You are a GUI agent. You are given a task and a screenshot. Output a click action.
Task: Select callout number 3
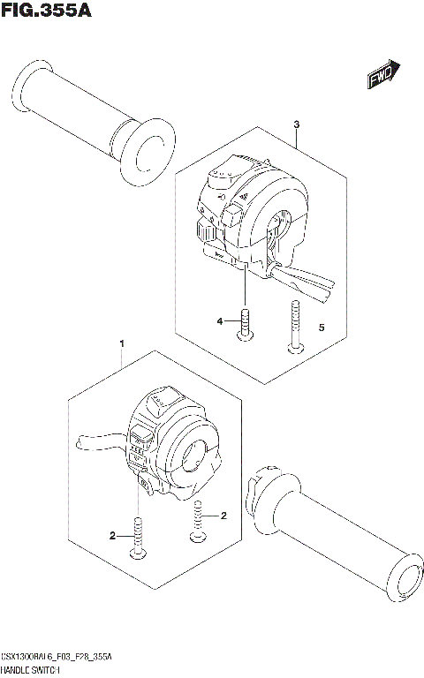coord(297,124)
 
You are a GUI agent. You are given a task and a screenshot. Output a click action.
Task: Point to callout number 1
coord(122,342)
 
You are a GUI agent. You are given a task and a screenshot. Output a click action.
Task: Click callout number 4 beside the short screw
coord(223,323)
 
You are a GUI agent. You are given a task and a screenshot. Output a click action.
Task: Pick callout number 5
coord(321,328)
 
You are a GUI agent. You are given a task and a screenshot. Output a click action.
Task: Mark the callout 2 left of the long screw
coord(112,535)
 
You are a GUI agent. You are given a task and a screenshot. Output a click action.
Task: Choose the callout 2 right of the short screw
coord(223,515)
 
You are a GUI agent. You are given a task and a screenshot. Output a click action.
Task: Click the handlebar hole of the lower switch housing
coord(195,454)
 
